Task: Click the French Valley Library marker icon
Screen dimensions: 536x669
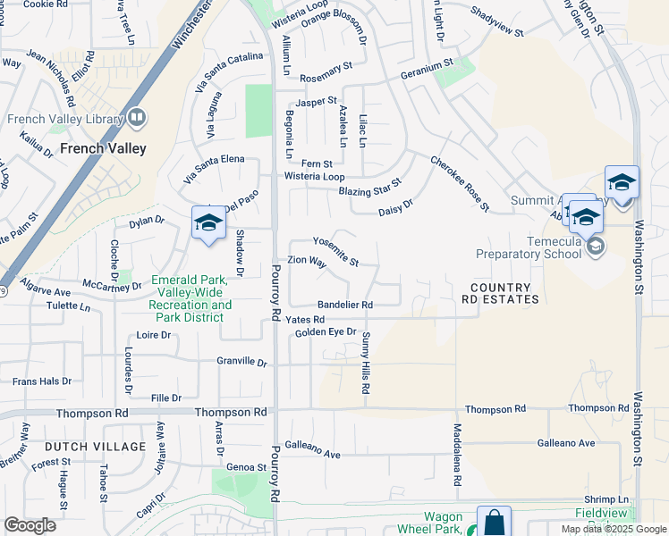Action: [x=137, y=117]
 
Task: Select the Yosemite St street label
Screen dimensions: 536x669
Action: [x=335, y=251]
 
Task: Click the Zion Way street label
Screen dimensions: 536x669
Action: [x=306, y=262]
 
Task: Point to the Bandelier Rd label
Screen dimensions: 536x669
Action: [x=344, y=305]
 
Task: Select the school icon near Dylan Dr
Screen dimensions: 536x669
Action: [x=208, y=222]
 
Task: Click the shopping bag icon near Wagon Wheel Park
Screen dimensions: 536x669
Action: [x=494, y=523]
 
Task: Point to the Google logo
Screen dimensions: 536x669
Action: [x=30, y=525]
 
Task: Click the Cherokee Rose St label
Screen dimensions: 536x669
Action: [x=460, y=184]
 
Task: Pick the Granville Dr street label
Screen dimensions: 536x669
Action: [x=241, y=363]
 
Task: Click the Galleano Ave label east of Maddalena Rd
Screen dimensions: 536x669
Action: [x=565, y=443]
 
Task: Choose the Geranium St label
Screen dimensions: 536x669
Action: [x=427, y=69]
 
